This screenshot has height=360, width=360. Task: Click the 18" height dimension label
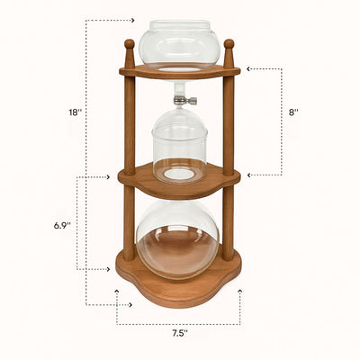point(76,112)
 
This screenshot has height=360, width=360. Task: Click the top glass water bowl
point(178,43)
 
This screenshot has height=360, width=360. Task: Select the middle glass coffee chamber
point(178,144)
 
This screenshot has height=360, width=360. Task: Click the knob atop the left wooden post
point(129,43)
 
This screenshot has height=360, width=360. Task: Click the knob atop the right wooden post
point(229,43)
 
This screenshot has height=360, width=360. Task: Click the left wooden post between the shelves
point(130,121)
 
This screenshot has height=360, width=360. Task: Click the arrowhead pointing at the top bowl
point(132,20)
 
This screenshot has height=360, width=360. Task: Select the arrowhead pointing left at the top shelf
point(247,68)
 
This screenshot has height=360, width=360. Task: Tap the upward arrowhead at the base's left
point(117,292)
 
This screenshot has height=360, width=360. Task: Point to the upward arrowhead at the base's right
point(240,292)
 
